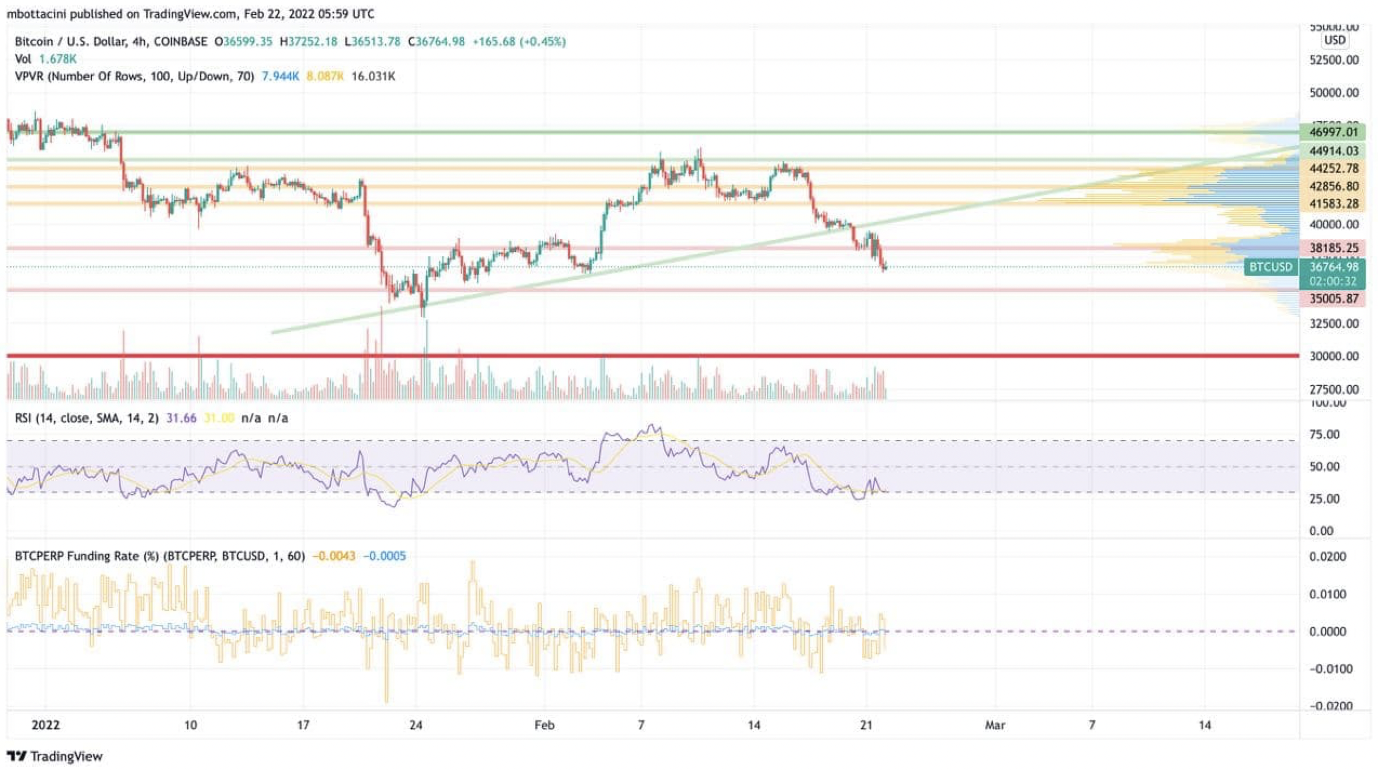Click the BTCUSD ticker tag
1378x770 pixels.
(1270, 267)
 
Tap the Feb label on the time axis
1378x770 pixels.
(544, 725)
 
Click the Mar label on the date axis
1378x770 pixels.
(995, 725)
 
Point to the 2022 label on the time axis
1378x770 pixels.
(45, 725)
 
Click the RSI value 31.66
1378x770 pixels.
(181, 418)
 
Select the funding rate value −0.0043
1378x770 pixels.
(334, 556)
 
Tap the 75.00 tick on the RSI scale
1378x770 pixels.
(1324, 435)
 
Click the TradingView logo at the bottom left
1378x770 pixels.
(55, 756)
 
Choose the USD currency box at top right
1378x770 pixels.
(1335, 41)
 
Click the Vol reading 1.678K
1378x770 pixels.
(58, 59)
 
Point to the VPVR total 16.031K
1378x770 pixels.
(373, 76)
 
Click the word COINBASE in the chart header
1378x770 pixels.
(180, 42)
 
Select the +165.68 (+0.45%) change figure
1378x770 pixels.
(519, 42)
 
